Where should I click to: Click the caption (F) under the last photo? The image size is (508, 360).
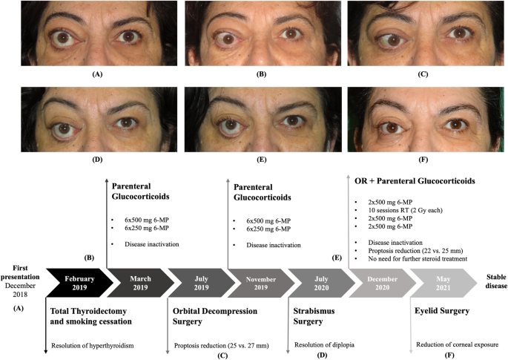[424, 158]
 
